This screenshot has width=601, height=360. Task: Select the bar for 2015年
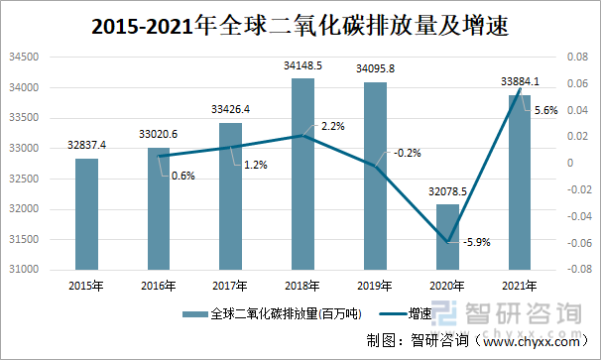pyautogui.click(x=86, y=213)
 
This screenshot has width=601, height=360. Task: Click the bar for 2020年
pyautogui.click(x=447, y=236)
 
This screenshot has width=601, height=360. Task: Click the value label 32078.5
pyautogui.click(x=447, y=191)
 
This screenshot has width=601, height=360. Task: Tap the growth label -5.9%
pyautogui.click(x=478, y=241)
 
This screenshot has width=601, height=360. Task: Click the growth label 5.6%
pyautogui.click(x=544, y=111)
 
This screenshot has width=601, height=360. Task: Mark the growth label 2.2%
pyautogui.click(x=333, y=126)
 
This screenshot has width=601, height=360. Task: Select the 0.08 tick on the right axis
pyautogui.click(x=563, y=58)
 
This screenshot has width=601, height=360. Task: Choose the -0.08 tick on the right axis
pyautogui.click(x=562, y=270)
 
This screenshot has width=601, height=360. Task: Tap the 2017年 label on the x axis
pyautogui.click(x=230, y=288)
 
